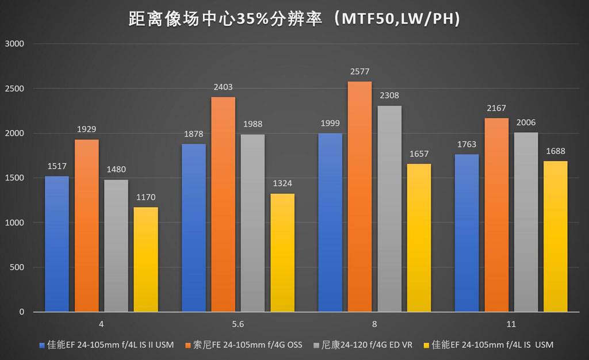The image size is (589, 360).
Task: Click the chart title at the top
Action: coord(294,19)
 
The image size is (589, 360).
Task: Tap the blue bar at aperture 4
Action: coord(56,244)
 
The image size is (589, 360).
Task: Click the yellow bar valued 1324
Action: coord(282,252)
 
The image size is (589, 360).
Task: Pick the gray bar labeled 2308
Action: coord(389,208)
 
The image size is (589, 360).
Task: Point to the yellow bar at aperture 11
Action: coord(555,236)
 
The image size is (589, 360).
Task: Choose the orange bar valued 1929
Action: coord(86,225)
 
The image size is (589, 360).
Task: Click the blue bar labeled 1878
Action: coord(193,228)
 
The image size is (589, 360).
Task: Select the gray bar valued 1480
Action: coord(116,246)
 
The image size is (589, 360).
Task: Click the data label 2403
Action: coord(223,87)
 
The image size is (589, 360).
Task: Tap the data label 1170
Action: coord(146,197)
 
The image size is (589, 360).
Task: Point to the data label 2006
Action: coord(525,122)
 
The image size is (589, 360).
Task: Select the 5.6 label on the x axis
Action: coord(238,324)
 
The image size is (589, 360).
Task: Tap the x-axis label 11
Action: coord(511,324)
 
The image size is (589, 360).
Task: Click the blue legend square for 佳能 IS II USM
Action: coord(41,345)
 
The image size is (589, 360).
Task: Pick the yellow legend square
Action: coord(426,345)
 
